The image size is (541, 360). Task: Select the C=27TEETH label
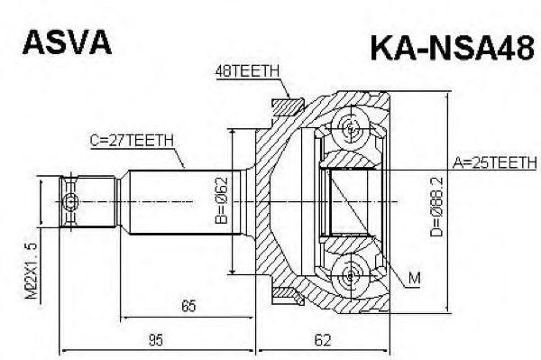[x=132, y=140]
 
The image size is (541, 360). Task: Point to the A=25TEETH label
[x=492, y=162]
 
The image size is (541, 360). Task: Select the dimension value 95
[x=155, y=340]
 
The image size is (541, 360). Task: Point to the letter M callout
[x=414, y=279]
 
